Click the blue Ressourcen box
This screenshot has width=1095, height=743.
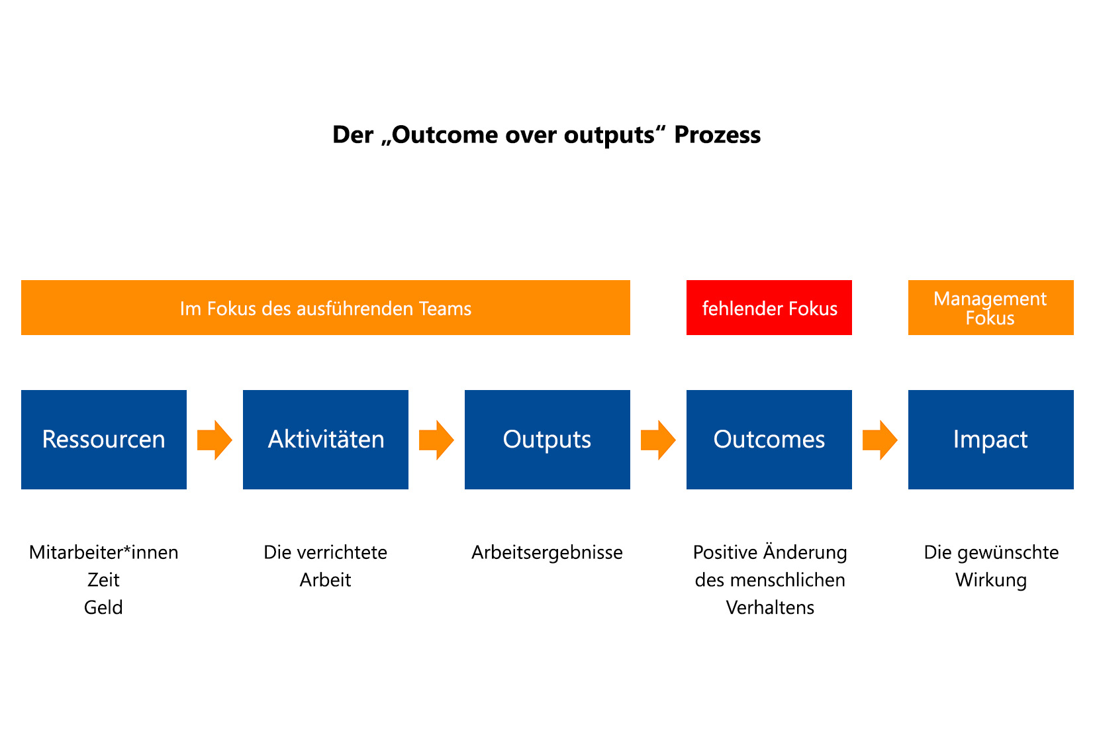tap(104, 440)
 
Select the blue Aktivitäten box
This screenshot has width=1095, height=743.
tap(326, 440)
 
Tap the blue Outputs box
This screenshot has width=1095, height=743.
tap(547, 440)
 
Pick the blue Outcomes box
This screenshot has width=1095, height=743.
tap(769, 440)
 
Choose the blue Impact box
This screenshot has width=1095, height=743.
tap(991, 440)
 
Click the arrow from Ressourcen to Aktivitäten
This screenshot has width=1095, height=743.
tap(214, 440)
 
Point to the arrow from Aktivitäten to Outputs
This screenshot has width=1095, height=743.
tap(436, 440)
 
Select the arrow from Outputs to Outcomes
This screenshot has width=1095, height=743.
tap(659, 440)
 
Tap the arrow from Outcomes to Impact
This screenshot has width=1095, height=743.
tap(880, 440)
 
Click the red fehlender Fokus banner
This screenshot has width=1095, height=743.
tap(769, 307)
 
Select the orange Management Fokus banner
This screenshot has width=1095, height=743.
tap(991, 307)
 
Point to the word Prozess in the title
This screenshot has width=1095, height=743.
tap(717, 135)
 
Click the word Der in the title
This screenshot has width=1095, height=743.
tap(352, 135)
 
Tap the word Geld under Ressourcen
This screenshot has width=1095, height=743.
tap(103, 608)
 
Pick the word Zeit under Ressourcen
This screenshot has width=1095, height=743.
tap(103, 580)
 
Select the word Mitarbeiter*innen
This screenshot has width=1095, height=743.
tap(104, 552)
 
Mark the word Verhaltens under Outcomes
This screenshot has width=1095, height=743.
tap(770, 608)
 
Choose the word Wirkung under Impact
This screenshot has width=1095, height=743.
tap(991, 581)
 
